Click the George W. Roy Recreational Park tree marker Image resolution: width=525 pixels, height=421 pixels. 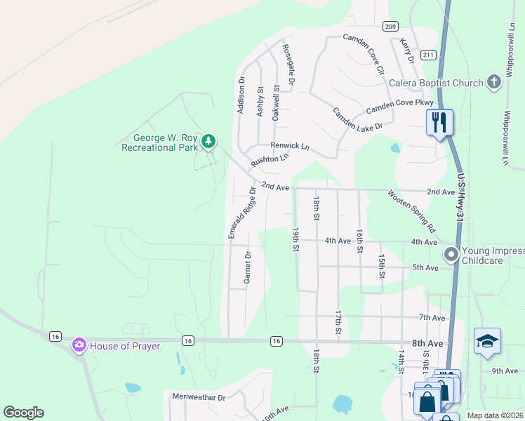[x=208, y=142]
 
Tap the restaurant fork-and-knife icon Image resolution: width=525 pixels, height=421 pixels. [x=440, y=122]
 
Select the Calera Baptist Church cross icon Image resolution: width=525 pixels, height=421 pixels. [x=494, y=82]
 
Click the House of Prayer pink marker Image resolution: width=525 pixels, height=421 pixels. [x=79, y=345]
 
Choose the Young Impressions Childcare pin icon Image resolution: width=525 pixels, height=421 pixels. [x=451, y=254]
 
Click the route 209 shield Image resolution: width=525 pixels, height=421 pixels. [x=390, y=27]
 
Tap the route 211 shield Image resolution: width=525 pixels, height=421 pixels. [x=429, y=55]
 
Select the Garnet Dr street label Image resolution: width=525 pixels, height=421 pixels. [x=247, y=267]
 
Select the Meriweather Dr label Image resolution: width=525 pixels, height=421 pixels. [x=199, y=397]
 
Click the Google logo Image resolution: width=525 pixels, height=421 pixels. [x=23, y=413]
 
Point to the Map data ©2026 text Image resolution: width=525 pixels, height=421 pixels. [x=494, y=415]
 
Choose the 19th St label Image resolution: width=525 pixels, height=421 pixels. [x=296, y=239]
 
